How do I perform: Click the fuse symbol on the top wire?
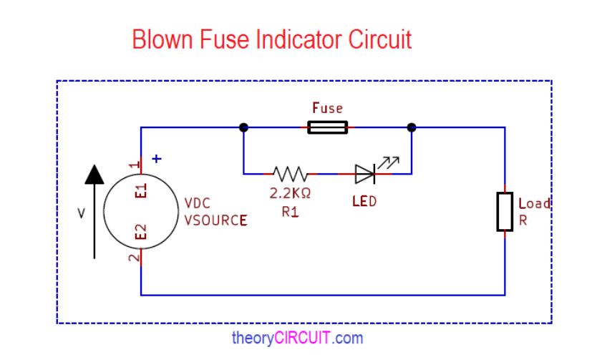pyautogui.click(x=328, y=127)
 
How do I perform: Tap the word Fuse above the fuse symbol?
pyautogui.click(x=327, y=108)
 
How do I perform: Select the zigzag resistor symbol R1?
pyautogui.click(x=290, y=173)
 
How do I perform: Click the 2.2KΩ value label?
pyautogui.click(x=290, y=193)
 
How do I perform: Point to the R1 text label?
pyautogui.click(x=290, y=212)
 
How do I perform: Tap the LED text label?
pyautogui.click(x=364, y=202)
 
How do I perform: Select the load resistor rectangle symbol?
pyautogui.click(x=505, y=211)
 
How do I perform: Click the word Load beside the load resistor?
pyautogui.click(x=534, y=203)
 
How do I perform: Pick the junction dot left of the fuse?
pyautogui.click(x=243, y=127)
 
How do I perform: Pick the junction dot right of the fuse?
pyautogui.click(x=411, y=127)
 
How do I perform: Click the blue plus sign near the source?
pyautogui.click(x=157, y=159)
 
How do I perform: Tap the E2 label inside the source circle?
pyautogui.click(x=142, y=231)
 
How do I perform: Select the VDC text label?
pyautogui.click(x=198, y=203)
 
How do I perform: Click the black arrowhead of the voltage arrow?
pyautogui.click(x=94, y=173)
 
